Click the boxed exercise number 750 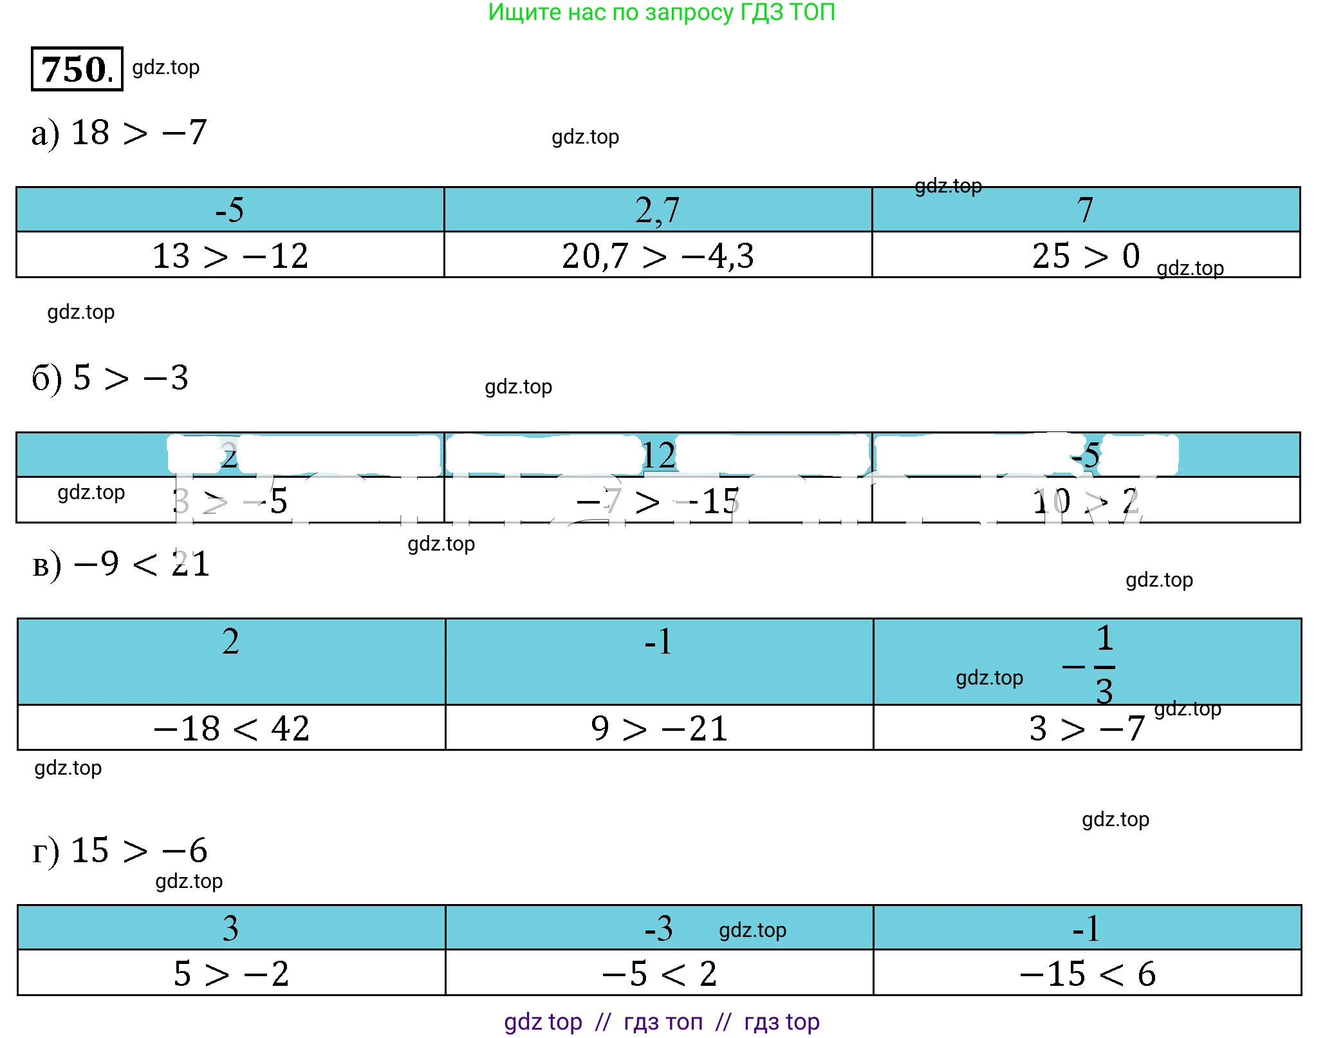(x=77, y=69)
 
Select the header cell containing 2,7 (x=657, y=210)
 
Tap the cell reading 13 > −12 (x=230, y=256)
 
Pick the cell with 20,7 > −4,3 (x=657, y=256)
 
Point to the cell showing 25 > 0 (x=1086, y=256)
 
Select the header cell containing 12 (x=658, y=455)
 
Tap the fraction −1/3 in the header (x=1094, y=665)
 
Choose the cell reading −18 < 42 (x=231, y=728)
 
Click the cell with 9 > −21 (x=659, y=728)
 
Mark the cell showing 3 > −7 (x=1086, y=728)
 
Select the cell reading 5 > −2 (x=231, y=973)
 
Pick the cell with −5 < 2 (x=659, y=973)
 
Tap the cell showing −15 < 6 (x=1087, y=973)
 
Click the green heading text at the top (x=661, y=12)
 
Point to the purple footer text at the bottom (x=661, y=1022)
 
